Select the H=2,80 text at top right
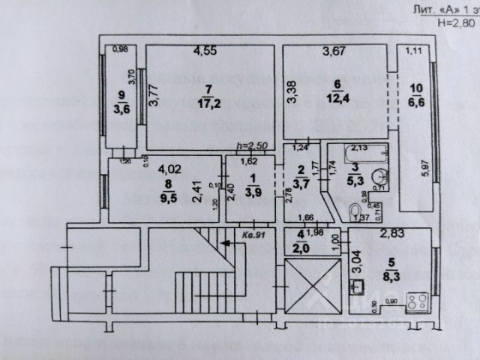click(453, 22)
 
